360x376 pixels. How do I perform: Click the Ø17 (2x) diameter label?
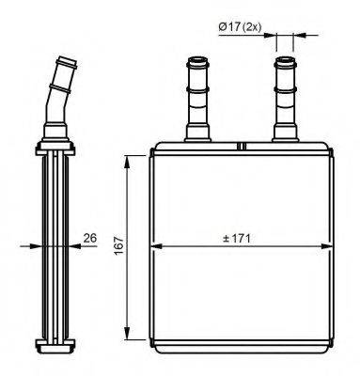click(x=241, y=27)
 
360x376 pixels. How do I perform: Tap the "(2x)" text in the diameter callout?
click(x=251, y=27)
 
